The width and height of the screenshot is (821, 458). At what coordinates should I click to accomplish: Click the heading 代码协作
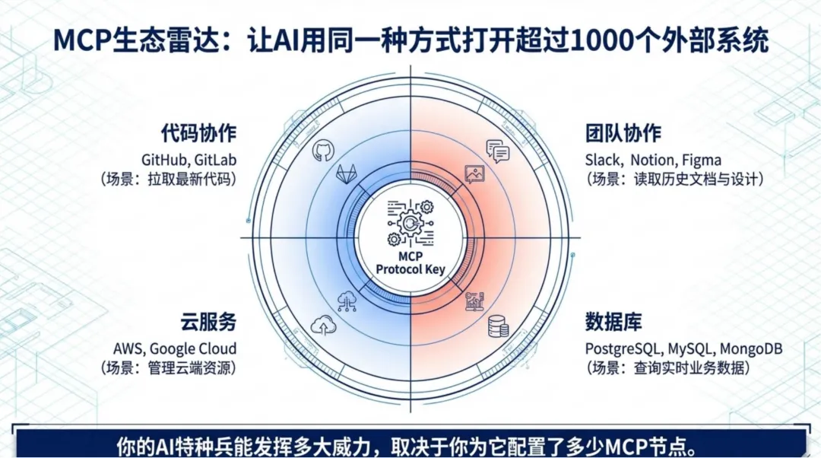(198, 133)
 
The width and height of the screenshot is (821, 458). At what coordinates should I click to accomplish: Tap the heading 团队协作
(623, 133)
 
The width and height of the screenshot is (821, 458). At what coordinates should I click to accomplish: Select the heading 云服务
(208, 322)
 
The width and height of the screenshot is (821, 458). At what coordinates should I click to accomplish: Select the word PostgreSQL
(623, 349)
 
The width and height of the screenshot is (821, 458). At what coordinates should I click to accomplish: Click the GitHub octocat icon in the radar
(322, 150)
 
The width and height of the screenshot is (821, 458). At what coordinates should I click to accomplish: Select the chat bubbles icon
(498, 151)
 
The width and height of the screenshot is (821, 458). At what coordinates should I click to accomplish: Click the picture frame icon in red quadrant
(475, 173)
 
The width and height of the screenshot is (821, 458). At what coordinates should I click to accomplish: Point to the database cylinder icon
(499, 326)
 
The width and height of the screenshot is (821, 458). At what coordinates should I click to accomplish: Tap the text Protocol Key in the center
(410, 269)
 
